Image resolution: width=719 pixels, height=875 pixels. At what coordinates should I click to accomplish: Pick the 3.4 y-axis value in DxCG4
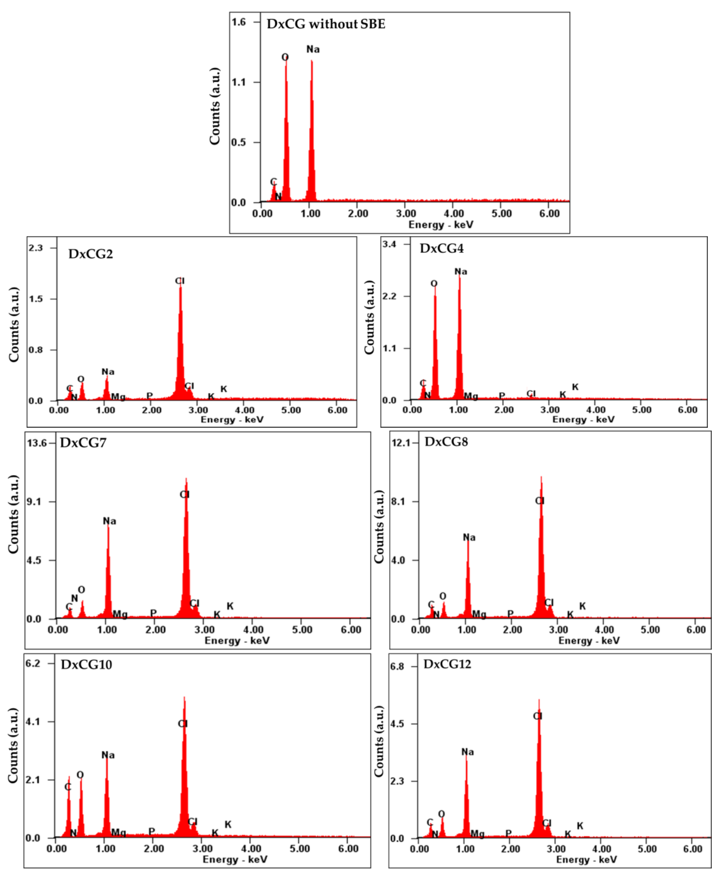click(389, 244)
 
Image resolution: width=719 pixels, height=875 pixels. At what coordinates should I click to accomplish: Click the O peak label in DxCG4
click(434, 284)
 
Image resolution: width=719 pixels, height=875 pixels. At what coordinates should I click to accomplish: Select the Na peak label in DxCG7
click(109, 521)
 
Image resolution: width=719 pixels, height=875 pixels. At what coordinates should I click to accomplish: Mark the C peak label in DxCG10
click(68, 787)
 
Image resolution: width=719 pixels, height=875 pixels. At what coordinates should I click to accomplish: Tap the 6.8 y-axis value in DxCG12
click(397, 666)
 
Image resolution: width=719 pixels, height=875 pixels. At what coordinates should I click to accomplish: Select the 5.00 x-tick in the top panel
click(502, 214)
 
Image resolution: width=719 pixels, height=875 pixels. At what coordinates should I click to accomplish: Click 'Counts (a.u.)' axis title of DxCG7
click(14, 514)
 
